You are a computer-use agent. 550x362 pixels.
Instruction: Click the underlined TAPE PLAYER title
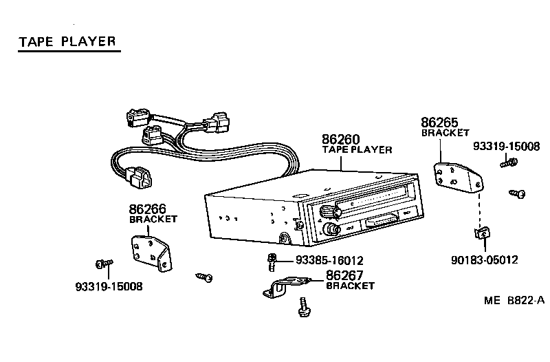66,41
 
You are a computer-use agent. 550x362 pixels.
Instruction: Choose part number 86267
344,275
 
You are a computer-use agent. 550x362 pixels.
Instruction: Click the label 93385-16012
329,261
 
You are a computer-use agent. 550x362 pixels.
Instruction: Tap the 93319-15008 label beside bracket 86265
507,146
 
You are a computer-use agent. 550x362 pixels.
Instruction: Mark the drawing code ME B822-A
514,300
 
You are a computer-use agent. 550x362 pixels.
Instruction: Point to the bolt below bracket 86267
302,307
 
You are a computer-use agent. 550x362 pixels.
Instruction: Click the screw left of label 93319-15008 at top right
509,162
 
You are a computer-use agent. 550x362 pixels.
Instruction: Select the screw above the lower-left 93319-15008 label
104,264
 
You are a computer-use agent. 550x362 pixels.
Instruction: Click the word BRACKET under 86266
153,219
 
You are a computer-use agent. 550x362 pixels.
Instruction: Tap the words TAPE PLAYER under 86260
357,149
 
